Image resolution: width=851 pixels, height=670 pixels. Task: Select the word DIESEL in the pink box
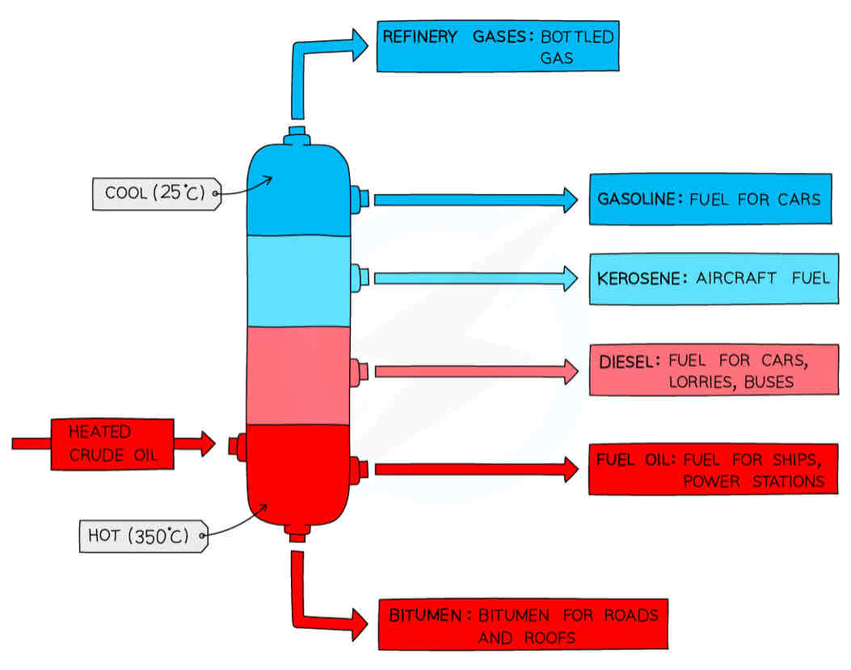pos(625,361)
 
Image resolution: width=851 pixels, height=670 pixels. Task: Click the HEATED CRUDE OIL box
pos(112,444)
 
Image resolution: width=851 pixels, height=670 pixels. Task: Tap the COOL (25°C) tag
pos(154,194)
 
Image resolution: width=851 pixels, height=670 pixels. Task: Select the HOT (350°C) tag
pos(142,536)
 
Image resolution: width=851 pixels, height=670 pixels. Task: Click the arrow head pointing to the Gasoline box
pos(568,200)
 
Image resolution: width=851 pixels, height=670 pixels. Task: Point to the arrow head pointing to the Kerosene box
pos(568,279)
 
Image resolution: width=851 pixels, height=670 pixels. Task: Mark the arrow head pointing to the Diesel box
pos(568,371)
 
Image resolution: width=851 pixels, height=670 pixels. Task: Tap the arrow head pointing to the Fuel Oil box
pos(568,469)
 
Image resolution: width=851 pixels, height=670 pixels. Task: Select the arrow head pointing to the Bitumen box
pos(356,624)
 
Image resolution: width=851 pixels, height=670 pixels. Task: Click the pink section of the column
pos(297,375)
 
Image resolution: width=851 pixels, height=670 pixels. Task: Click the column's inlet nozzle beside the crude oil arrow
pos(237,445)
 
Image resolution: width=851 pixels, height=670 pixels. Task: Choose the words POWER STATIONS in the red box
pos(752,482)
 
